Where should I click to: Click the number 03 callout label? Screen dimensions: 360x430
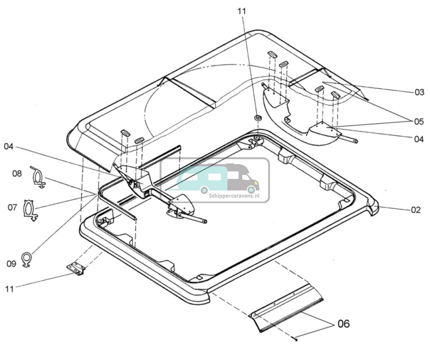[419, 93]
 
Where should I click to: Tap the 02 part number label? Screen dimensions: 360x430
[415, 210]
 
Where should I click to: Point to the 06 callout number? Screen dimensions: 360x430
[343, 324]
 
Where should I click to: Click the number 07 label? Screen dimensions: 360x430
[13, 207]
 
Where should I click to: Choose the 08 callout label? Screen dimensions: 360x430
[17, 173]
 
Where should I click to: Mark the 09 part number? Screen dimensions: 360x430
[11, 263]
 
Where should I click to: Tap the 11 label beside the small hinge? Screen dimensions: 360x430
[10, 289]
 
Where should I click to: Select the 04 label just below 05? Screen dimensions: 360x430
[419, 139]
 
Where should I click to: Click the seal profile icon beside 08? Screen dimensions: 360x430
[38, 177]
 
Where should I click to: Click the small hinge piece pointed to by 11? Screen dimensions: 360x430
[76, 269]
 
